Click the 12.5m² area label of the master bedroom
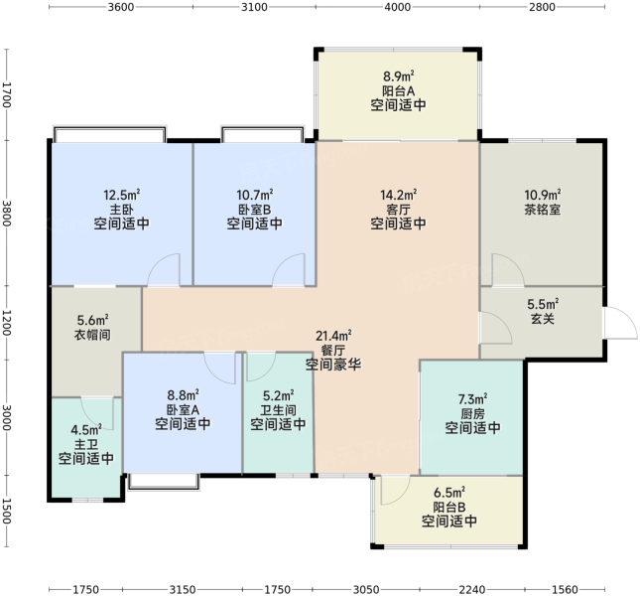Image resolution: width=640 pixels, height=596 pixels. (122, 195)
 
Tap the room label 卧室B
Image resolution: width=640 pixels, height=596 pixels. (254, 210)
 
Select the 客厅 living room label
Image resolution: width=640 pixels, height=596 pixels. (398, 210)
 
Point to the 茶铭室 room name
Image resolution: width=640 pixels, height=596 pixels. (543, 210)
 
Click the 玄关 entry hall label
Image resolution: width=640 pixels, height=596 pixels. (543, 319)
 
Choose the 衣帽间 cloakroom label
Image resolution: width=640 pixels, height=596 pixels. (92, 335)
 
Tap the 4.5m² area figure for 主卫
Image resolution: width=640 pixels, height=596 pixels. (86, 430)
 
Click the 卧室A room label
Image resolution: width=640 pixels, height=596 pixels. (183, 409)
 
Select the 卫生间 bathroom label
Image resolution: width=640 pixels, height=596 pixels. (278, 409)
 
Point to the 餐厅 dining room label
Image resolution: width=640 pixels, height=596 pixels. (333, 350)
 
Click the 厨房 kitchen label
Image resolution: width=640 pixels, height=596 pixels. (472, 414)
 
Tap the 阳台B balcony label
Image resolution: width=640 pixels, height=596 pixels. (448, 507)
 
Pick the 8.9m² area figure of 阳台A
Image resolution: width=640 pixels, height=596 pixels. (398, 76)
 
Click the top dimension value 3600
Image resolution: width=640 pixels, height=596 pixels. (121, 7)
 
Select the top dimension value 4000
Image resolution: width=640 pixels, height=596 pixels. (398, 7)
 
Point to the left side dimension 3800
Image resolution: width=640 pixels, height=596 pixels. (7, 213)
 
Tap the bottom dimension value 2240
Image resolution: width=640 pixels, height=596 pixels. (472, 589)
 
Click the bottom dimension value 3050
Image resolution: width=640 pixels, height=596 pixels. (366, 589)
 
